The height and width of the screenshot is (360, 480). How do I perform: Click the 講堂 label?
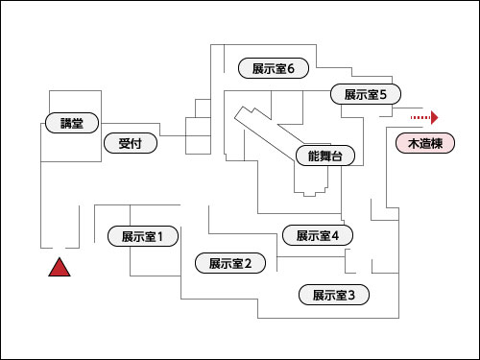click(x=72, y=123)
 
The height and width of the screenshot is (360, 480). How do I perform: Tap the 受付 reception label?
click(x=131, y=144)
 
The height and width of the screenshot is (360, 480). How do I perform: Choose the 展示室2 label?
click(x=229, y=263)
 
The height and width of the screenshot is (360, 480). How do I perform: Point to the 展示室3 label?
click(x=333, y=295)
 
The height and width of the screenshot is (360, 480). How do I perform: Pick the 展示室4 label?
click(x=318, y=235)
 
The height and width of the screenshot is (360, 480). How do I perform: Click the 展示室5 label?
click(x=365, y=94)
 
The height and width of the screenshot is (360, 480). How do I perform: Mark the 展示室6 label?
click(x=273, y=68)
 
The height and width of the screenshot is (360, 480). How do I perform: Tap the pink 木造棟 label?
click(x=425, y=144)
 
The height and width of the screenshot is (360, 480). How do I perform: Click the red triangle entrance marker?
click(x=60, y=268)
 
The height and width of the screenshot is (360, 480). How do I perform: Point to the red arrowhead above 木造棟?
click(x=435, y=117)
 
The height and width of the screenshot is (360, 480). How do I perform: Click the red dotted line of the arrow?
click(x=420, y=117)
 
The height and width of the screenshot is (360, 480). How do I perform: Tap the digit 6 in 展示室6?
click(x=291, y=68)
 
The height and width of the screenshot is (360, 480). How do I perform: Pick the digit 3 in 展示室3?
click(x=351, y=295)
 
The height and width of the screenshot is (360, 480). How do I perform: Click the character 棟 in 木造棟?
click(x=438, y=144)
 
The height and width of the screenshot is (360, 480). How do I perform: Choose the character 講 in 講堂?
click(x=66, y=123)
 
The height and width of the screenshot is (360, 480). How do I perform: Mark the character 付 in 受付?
click(x=137, y=144)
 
